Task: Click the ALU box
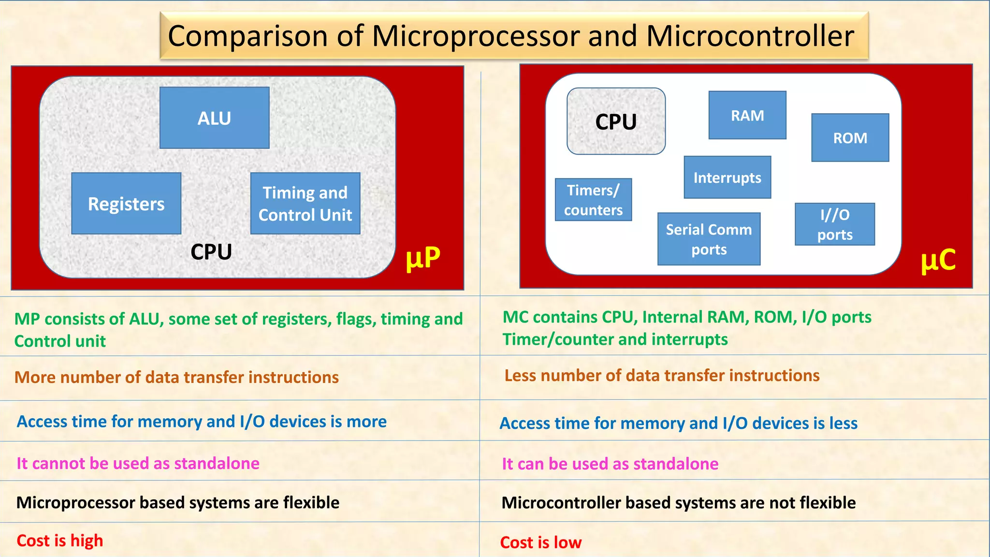214,117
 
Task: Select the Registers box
126,204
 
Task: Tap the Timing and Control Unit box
305,204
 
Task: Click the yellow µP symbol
423,257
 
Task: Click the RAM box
747,115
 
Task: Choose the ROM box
850,138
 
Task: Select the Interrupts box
727,177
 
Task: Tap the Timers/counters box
593,200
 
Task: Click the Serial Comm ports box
709,239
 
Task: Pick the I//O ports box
835,224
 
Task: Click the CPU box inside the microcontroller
616,121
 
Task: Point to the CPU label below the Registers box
211,252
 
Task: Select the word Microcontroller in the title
750,36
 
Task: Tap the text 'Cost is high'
60,541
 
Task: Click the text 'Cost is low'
540,542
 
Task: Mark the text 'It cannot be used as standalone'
138,463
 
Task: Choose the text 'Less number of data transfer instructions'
662,376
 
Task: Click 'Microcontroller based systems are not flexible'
678,503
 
